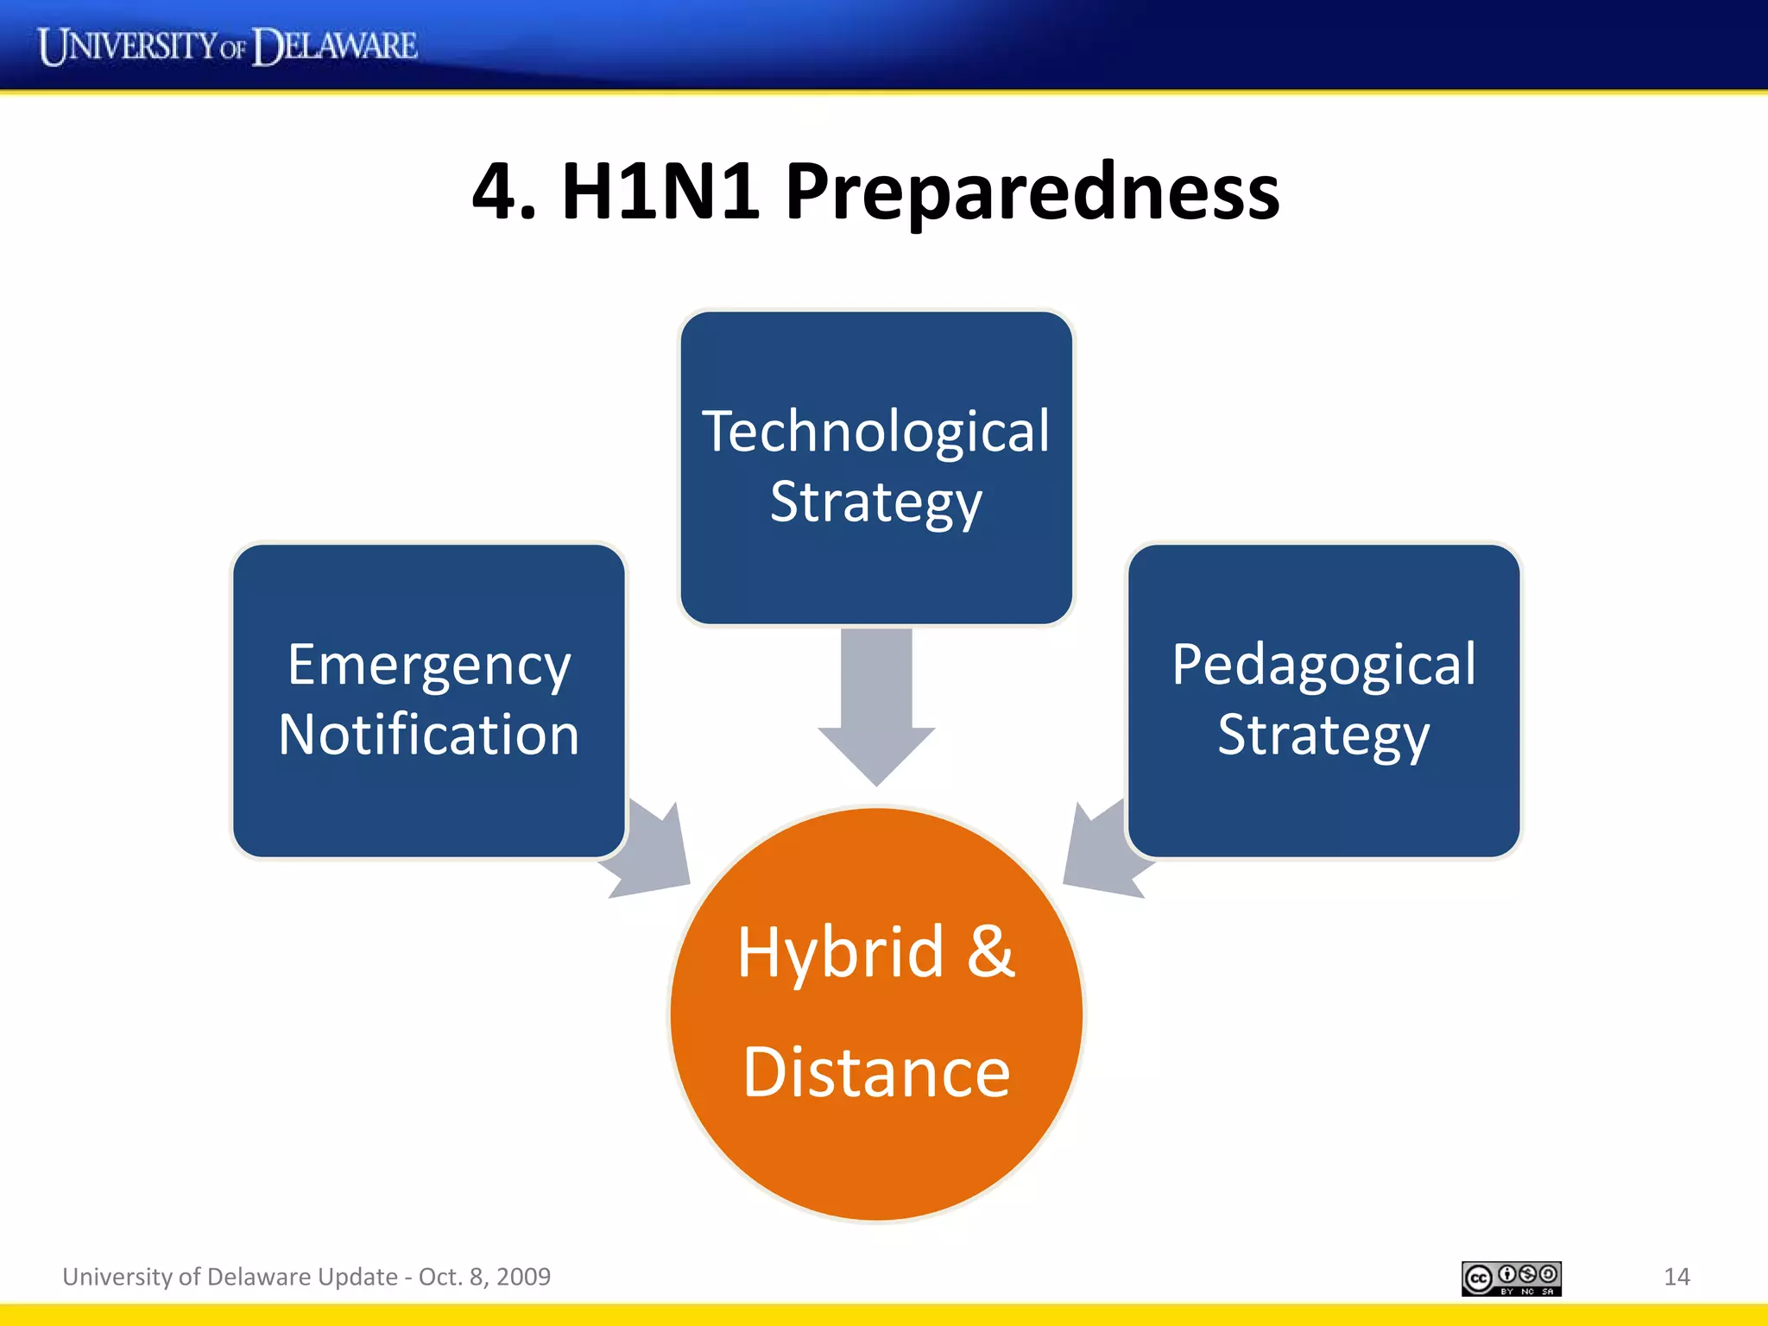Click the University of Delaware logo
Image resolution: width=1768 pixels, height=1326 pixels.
point(227,46)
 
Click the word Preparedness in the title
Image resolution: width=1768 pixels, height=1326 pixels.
point(1032,192)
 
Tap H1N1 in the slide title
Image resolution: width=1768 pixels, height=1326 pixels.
point(660,192)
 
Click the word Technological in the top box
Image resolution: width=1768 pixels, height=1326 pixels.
point(875,432)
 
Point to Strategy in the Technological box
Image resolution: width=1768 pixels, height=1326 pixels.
point(875,503)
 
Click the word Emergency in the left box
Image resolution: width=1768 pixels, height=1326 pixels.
point(429,666)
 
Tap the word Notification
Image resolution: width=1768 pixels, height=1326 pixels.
point(429,736)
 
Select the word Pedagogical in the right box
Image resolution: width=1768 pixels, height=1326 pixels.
point(1323,666)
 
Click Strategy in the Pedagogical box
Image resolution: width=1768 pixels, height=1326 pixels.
point(1323,736)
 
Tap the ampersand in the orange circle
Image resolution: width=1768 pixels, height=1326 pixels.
point(990,952)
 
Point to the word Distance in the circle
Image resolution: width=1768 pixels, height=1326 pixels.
point(875,1073)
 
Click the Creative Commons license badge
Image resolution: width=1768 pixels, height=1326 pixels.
point(1511,1279)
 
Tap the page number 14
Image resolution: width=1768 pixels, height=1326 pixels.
point(1676,1277)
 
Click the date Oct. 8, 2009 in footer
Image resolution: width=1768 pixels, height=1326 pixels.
point(484,1277)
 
